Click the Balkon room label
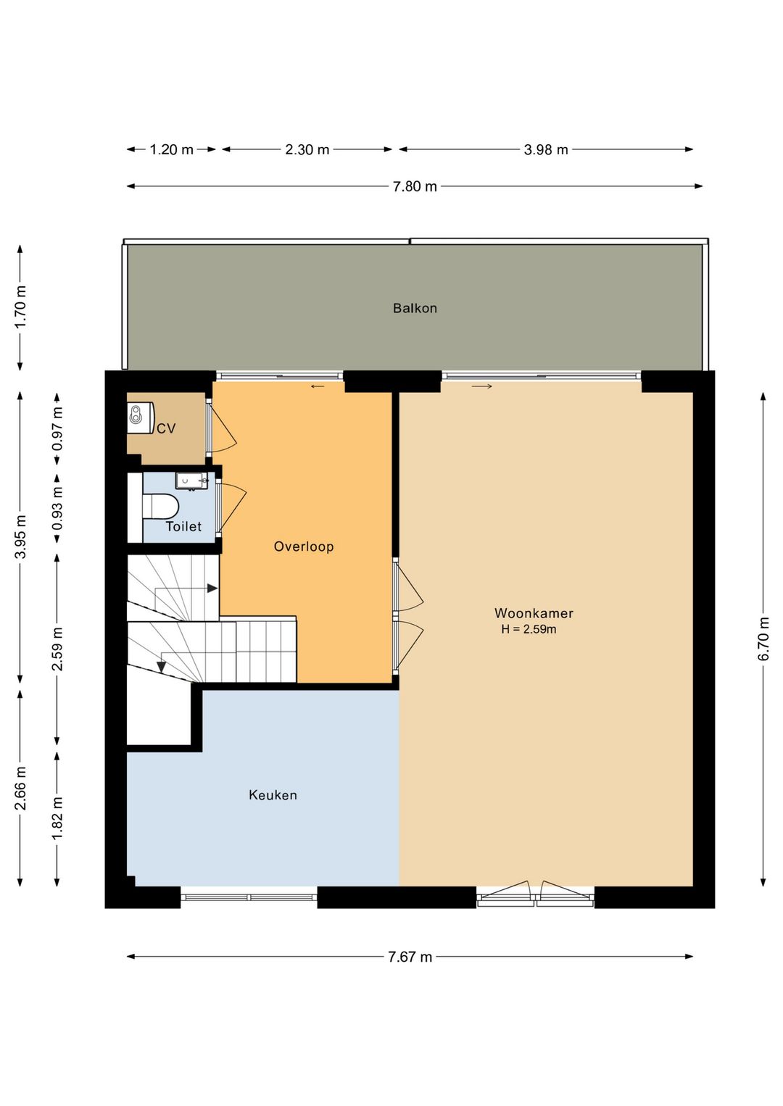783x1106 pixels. click(415, 308)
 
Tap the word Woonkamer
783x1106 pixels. click(534, 613)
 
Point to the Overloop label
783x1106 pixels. click(304, 546)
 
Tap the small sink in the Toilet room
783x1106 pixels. click(191, 480)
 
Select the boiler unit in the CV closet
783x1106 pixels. click(141, 417)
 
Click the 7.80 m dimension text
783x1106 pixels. click(415, 187)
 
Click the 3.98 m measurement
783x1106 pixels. click(546, 149)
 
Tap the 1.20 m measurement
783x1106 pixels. click(171, 149)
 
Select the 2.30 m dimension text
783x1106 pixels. click(307, 149)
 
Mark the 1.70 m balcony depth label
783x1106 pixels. click(20, 307)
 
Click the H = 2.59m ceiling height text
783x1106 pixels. click(529, 629)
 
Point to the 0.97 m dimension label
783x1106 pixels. click(58, 428)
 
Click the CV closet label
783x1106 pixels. click(166, 428)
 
